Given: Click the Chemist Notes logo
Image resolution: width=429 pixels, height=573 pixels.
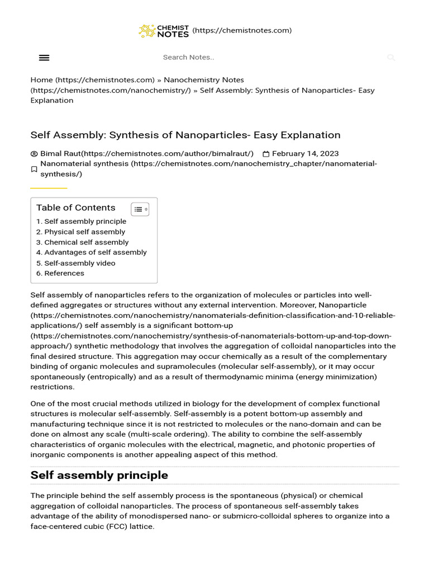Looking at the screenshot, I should coord(164,31).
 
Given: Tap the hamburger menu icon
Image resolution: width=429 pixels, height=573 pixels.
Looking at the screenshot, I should coord(44,58).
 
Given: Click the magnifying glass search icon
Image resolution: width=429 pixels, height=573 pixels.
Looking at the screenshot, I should coord(391,58).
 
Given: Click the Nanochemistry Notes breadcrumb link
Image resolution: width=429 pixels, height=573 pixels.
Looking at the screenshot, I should coord(204,80).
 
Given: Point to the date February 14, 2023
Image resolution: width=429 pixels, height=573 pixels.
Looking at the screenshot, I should coord(305,153).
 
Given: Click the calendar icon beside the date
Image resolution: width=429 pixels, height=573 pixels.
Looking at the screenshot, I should coord(266,154).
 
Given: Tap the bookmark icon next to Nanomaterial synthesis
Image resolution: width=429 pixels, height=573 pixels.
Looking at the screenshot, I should coord(34,169).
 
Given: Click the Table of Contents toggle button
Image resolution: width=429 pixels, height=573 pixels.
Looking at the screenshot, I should coord(140,209).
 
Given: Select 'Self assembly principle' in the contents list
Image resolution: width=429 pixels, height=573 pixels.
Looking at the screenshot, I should coord(85,222).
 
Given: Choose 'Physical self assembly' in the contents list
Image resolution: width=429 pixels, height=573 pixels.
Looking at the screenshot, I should coord(84,232).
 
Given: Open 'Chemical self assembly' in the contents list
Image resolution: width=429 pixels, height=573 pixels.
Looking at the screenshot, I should coord(86,242).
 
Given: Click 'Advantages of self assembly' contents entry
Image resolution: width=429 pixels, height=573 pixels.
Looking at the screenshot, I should coord(96,252).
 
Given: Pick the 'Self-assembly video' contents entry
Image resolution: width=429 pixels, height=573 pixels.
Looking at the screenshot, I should coord(80,263).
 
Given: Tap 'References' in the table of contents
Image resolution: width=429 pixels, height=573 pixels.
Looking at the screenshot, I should coord(64,273).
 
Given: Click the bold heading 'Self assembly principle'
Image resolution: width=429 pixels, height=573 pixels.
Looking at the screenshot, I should coord(99,475).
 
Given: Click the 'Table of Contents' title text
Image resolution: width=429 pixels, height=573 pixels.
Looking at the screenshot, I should coord(76,208).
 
